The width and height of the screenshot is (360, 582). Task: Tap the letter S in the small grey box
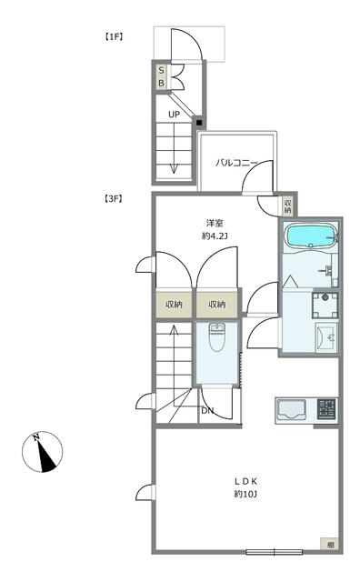[162, 70]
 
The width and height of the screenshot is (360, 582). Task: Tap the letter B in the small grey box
[162, 84]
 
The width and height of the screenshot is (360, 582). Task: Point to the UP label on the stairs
[173, 115]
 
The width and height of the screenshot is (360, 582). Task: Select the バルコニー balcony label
[236, 164]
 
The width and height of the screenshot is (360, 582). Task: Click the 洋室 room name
[215, 222]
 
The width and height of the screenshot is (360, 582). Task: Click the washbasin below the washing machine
[325, 338]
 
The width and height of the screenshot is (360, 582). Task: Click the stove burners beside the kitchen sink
[325, 410]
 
